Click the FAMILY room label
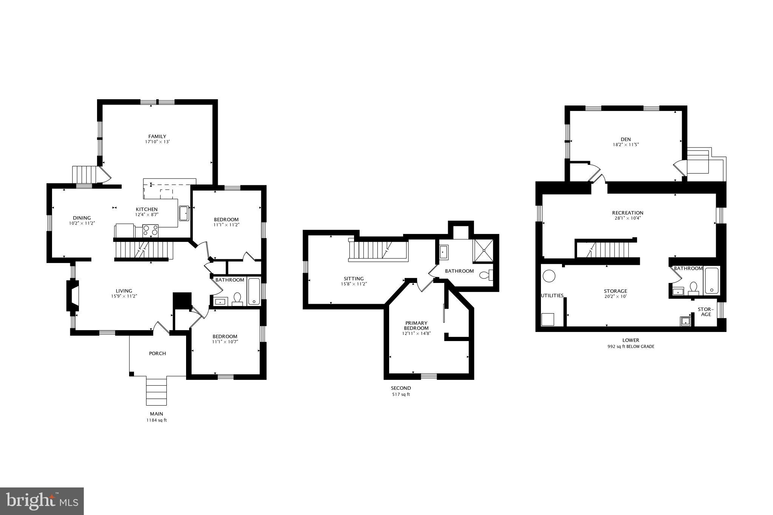pos(157,137)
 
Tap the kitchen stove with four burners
pos(150,230)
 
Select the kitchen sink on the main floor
pos(184,213)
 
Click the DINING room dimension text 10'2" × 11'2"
pos(82,223)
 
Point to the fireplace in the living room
pos(73,295)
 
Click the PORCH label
pos(157,354)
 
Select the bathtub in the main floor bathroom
pos(254,292)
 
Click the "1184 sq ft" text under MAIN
pos(157,420)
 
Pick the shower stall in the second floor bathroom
pos(484,250)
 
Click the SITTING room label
pos(354,279)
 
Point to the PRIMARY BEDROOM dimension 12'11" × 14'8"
pos(416,334)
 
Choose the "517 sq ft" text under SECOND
pos(401,395)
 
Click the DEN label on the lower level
pos(625,140)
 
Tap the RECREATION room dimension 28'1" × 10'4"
pos(628,218)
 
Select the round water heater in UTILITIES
pos(549,276)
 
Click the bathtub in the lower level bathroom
pos(712,281)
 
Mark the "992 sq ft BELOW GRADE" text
pos(631,346)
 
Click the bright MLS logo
pos(42,501)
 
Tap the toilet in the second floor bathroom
pos(486,275)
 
